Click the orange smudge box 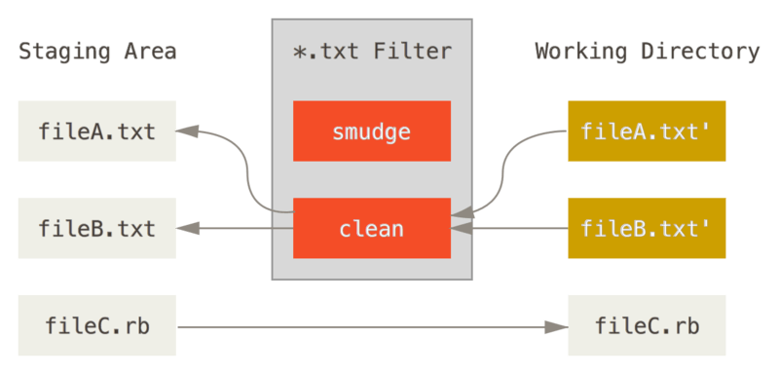(371, 131)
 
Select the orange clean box (371, 229)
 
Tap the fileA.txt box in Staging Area (96, 131)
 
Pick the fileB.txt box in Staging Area (96, 229)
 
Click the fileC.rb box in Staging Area (96, 325)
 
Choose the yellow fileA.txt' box (647, 131)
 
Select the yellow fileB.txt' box (647, 229)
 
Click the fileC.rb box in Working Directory (647, 325)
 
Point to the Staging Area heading (97, 52)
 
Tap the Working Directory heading (647, 52)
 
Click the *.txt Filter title (372, 52)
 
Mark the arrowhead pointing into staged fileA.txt (187, 131)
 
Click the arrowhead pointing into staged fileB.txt (187, 229)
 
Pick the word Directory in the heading (702, 52)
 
